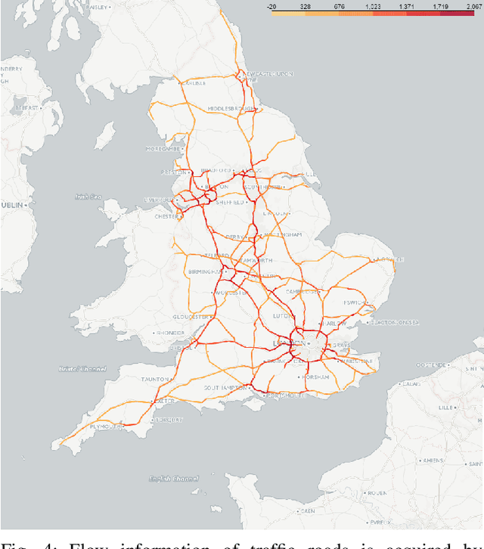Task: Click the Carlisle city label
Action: coord(196,83)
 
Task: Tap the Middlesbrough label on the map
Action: coord(231,108)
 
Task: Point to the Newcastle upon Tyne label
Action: coord(264,74)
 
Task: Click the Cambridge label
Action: coord(301,290)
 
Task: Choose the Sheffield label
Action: coord(232,203)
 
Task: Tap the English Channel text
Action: coord(173,479)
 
